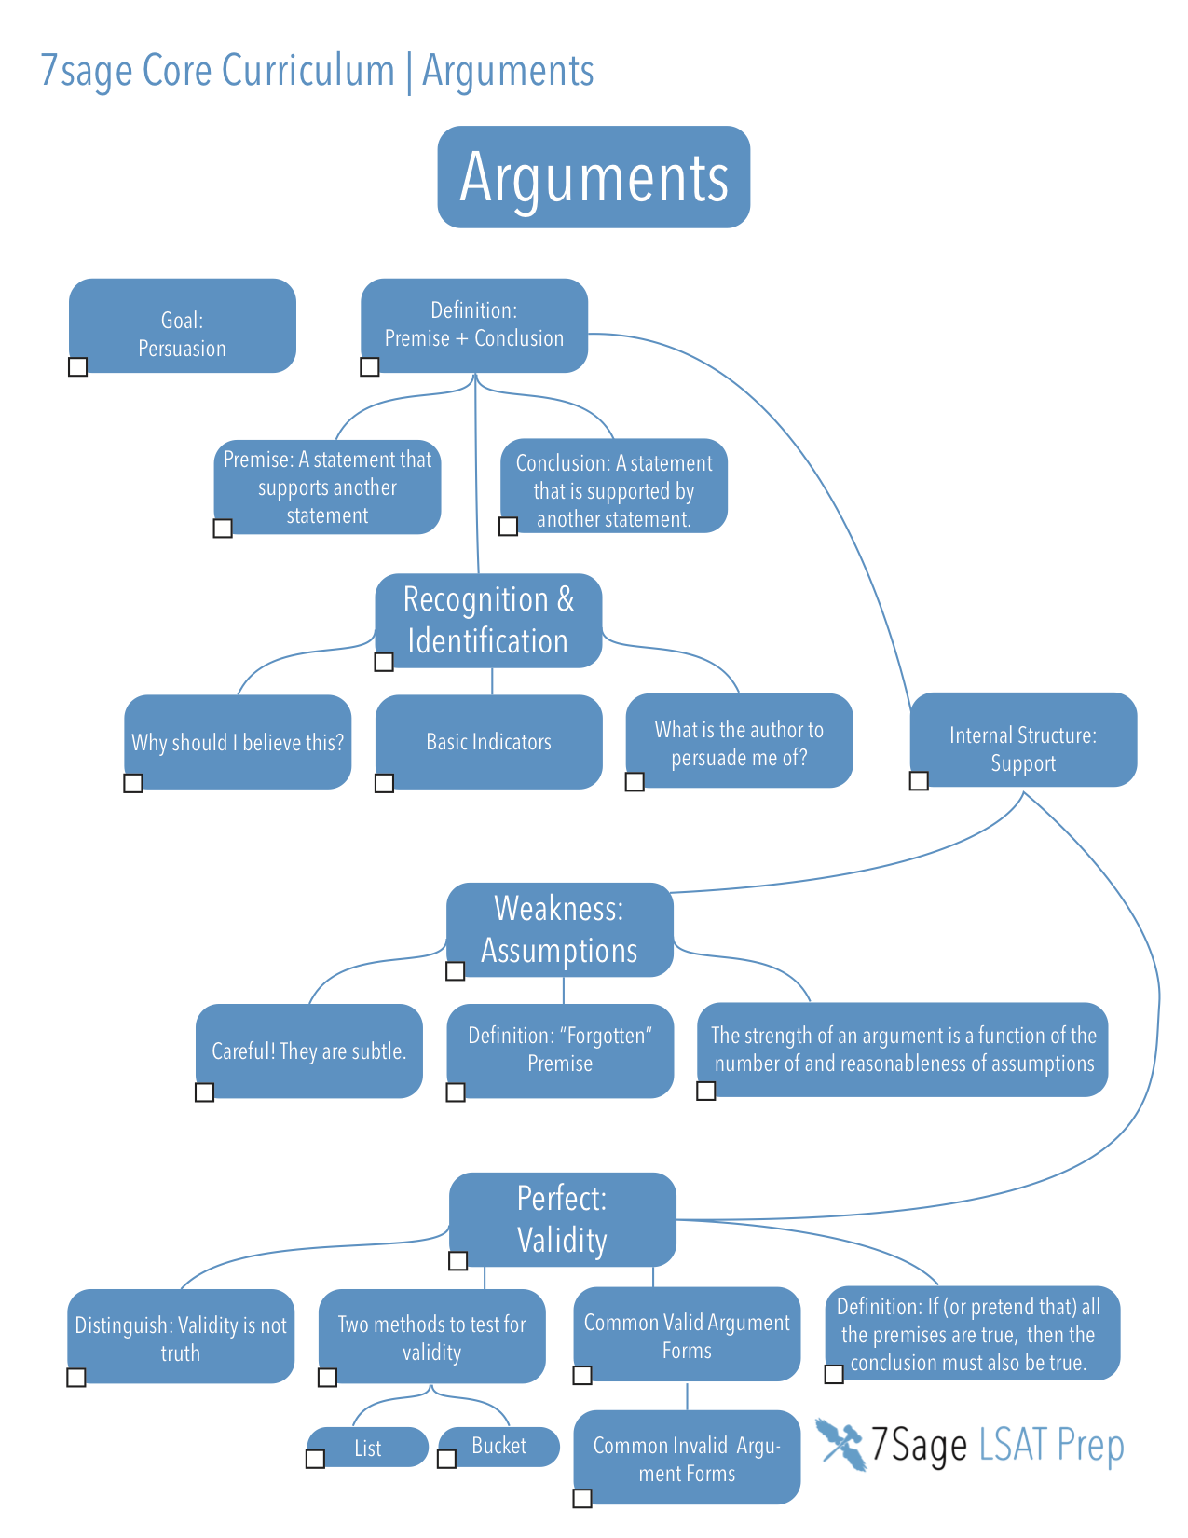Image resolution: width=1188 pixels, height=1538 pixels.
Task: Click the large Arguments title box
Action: (594, 177)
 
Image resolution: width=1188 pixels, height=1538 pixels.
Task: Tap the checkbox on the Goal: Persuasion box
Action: (78, 366)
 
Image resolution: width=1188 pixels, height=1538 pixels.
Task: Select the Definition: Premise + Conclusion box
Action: (474, 324)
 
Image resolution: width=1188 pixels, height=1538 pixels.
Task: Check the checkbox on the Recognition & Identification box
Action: (384, 662)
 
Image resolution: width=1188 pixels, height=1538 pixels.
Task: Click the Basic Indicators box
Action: (488, 742)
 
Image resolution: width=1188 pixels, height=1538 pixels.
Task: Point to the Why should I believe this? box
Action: (238, 742)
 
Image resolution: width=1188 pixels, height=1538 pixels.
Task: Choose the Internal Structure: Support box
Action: (1023, 740)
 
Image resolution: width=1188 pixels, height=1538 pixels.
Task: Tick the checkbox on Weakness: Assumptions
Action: (456, 971)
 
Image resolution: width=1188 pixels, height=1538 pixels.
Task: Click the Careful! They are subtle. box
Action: (308, 1051)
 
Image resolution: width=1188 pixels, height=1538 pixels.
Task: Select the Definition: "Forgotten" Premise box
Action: (560, 1051)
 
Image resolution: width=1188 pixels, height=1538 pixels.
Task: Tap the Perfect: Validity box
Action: (562, 1219)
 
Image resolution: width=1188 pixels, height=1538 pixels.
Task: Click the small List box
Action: (368, 1448)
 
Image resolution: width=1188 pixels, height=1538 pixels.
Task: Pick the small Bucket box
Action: (499, 1446)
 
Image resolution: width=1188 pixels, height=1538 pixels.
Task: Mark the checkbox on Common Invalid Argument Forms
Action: (582, 1498)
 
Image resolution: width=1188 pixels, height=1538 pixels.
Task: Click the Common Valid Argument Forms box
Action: (687, 1335)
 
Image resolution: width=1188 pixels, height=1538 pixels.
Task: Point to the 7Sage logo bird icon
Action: (841, 1444)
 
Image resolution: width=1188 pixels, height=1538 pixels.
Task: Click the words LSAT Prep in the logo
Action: (1051, 1446)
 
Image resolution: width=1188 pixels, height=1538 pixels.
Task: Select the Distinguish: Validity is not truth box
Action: (181, 1337)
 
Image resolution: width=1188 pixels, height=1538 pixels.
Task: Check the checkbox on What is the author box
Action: (635, 781)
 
